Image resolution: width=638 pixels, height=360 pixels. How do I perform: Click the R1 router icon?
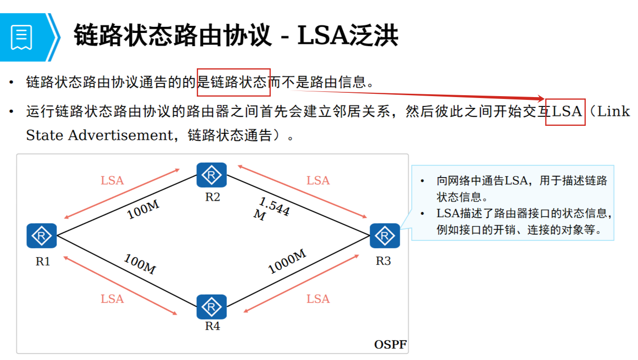tap(41, 236)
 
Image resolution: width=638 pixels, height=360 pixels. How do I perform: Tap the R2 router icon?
tap(211, 175)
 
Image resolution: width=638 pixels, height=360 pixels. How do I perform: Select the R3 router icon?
tap(385, 236)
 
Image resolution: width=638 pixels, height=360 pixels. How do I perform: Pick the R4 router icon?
tap(211, 307)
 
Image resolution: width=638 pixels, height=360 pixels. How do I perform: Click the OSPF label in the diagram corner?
tap(390, 344)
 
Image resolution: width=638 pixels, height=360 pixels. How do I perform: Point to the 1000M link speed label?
tap(287, 262)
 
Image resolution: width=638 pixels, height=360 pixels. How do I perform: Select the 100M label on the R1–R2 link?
tap(143, 210)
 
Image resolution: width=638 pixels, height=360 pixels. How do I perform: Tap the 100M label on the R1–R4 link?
tap(140, 264)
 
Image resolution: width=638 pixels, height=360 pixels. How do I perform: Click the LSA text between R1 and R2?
tap(112, 180)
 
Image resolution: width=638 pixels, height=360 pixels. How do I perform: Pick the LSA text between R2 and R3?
tap(318, 180)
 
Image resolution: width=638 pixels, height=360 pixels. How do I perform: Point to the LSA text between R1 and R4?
tap(112, 299)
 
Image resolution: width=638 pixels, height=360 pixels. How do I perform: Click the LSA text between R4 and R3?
tap(318, 299)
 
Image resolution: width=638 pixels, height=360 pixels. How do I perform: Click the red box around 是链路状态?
tap(234, 82)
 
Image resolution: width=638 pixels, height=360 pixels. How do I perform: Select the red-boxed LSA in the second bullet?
tap(565, 112)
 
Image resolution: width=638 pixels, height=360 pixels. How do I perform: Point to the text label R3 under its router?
tap(383, 261)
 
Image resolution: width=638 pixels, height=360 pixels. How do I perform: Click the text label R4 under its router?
tap(212, 326)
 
